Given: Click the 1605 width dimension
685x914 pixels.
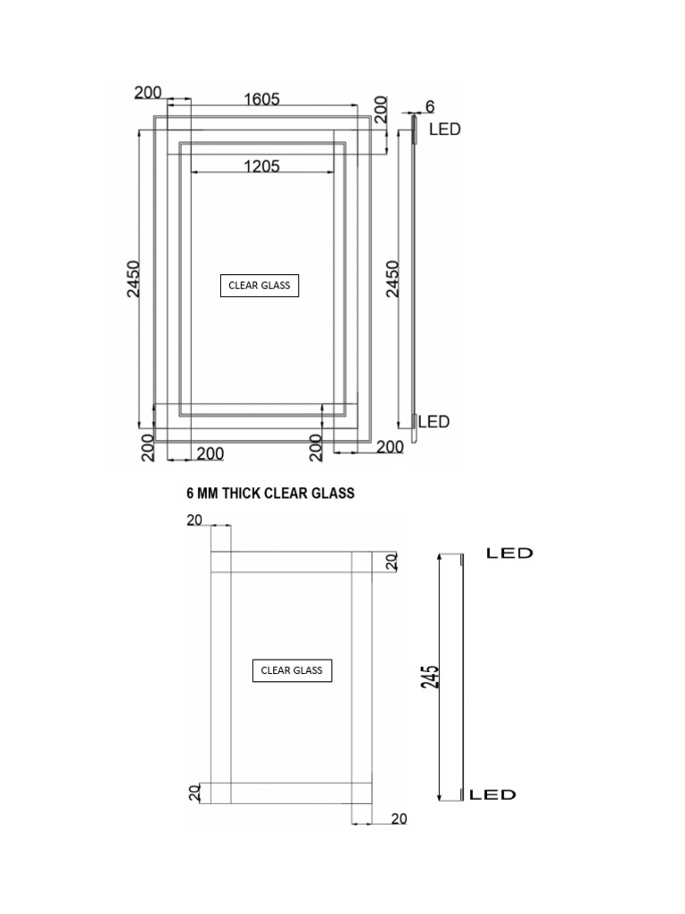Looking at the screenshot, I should [262, 99].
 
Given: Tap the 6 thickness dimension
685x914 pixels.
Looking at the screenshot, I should [429, 106].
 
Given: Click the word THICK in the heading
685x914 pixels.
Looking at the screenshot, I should [239, 494].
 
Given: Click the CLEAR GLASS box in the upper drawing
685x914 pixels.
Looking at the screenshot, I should [260, 286].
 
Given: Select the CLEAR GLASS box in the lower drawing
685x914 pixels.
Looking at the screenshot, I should [292, 670].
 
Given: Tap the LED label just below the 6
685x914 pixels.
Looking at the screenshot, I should [445, 129].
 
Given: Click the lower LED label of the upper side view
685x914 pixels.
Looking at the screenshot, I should [434, 421].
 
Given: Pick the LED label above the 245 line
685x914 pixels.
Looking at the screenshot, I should [509, 553].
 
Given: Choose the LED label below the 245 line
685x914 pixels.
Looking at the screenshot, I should [493, 794].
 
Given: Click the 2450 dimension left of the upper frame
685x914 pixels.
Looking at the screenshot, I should [134, 279].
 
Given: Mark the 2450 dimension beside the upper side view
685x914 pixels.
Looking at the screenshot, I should [392, 279].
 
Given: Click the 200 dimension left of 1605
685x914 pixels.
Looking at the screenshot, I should [148, 92].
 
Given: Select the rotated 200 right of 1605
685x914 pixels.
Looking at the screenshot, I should [381, 111].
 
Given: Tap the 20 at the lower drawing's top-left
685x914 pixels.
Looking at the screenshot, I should [194, 521].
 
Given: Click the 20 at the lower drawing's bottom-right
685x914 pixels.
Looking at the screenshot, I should [399, 818].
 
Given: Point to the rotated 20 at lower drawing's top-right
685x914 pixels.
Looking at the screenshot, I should [390, 561].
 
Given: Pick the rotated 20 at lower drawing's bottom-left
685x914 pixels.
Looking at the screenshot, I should [194, 793].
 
